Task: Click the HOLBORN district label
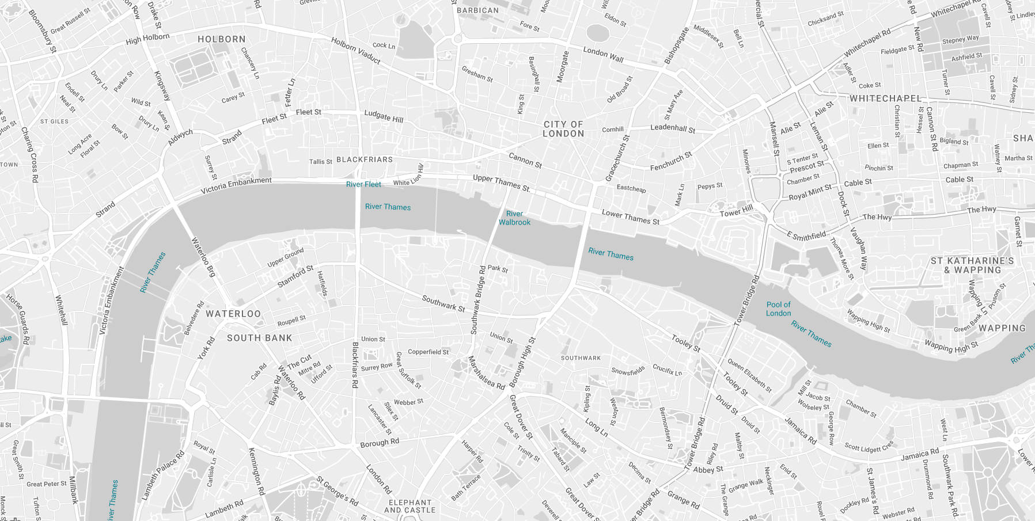click(221, 39)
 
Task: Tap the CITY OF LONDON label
click(563, 129)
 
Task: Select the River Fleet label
click(363, 184)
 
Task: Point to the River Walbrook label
click(514, 218)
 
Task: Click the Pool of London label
click(778, 309)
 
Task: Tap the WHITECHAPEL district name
click(885, 98)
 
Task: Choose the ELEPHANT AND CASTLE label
click(410, 506)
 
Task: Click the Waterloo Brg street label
click(203, 257)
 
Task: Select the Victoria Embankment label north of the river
click(236, 185)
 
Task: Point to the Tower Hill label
click(736, 211)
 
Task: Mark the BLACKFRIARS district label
click(365, 159)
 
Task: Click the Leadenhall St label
click(672, 128)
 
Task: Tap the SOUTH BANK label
click(259, 338)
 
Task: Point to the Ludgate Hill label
click(384, 116)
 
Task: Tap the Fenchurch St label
click(671, 161)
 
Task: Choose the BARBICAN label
click(477, 10)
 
